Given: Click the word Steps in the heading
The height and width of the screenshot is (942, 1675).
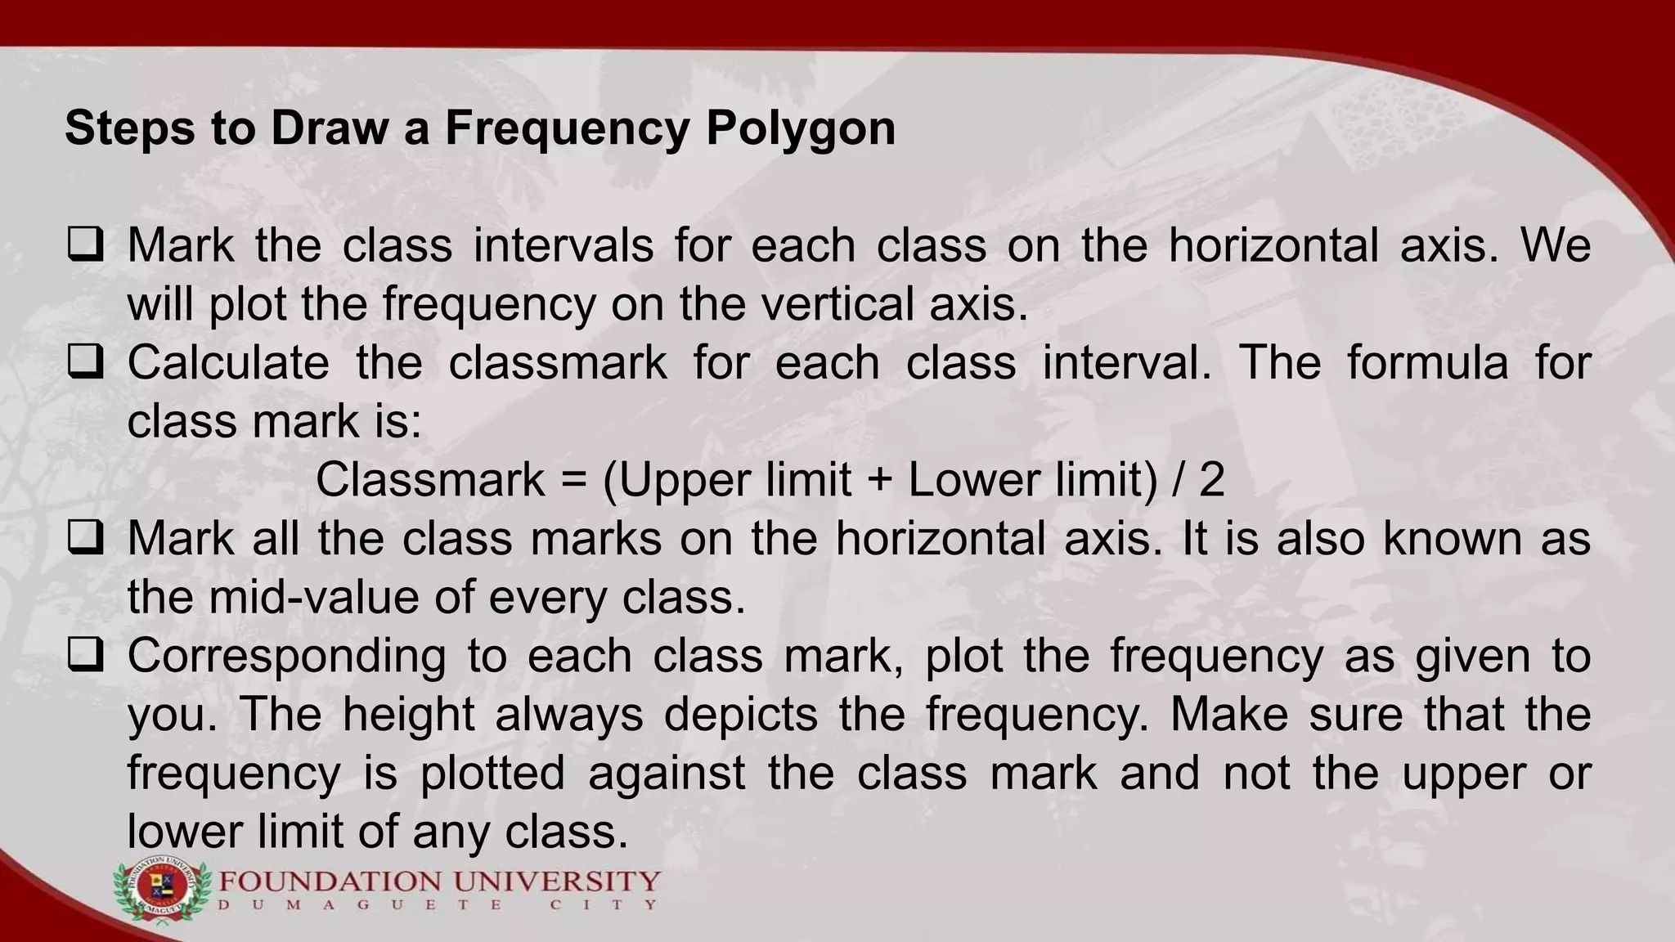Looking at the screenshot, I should pos(130,128).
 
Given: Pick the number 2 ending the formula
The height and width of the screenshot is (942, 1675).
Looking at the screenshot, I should pos(1211,480).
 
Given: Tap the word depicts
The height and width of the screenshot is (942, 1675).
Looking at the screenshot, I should pos(740,715).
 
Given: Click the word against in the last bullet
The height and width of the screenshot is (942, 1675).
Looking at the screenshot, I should pos(667,773).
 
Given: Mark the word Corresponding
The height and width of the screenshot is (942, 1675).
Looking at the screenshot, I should pos(287,657).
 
